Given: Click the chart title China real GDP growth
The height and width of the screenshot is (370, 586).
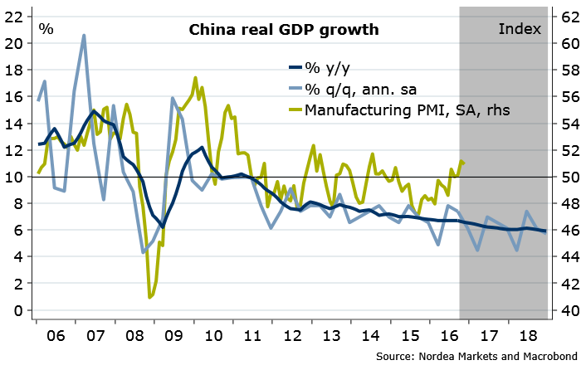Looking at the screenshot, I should coord(284,30).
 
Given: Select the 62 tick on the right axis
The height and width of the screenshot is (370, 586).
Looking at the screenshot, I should coord(569,17).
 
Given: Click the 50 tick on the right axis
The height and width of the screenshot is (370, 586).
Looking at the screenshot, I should coord(569,177).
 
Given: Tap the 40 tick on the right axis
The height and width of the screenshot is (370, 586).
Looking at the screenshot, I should coord(569,310).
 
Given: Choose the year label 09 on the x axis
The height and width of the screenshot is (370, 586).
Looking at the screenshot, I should coord(173,338).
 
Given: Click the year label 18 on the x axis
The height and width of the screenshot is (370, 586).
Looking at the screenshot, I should coord(525,338).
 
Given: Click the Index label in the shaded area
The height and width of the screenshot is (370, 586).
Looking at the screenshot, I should coord(520,29).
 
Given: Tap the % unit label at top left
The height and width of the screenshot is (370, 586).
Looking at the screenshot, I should coord(46,29).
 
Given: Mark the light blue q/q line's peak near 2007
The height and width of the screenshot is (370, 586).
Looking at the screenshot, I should coord(84,36).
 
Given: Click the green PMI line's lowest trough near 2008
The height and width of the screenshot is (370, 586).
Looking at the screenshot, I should coord(149,297).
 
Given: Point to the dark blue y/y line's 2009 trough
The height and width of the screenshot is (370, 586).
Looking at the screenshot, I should coord(163,226).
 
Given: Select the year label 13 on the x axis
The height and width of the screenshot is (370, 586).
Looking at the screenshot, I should coord(332,338).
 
